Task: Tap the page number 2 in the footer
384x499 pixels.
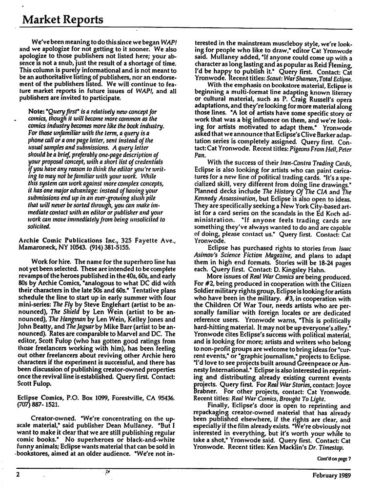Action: click(x=17, y=486)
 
